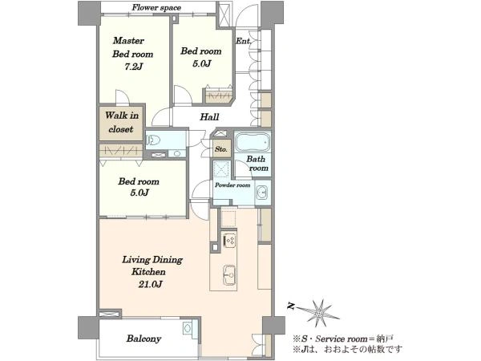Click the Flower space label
coord(156,8)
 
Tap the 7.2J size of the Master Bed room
coord(133,67)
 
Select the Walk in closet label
coord(122,122)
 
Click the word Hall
coord(209,116)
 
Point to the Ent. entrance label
coord(243,41)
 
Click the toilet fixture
coord(153,140)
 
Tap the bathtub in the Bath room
coord(253,141)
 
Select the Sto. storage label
coord(221,149)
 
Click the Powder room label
coord(232,185)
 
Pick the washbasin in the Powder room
coord(262,193)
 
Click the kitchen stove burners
coord(229,239)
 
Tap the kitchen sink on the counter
coord(228,274)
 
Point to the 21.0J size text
coord(150,285)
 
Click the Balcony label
coord(143,339)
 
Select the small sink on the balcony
coord(187,328)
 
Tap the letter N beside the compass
coord(291,306)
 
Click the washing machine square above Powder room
coord(221,169)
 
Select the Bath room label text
coord(257,164)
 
